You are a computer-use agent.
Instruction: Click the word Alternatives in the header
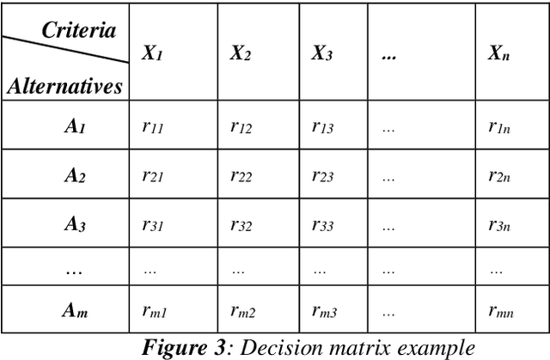point(64,85)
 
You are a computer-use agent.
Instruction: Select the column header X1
point(153,52)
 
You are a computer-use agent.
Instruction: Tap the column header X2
point(241,52)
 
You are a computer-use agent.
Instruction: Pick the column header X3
point(322,52)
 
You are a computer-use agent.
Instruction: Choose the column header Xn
point(498,52)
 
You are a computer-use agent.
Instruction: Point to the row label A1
point(75,125)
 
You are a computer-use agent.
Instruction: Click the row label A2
point(75,175)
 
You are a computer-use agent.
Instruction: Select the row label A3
point(75,225)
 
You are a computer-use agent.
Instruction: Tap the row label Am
point(75,312)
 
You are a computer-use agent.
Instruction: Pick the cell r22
point(241,175)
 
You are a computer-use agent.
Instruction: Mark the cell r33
point(323,225)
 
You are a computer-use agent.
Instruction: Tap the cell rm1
point(156,312)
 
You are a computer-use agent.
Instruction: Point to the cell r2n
point(498,175)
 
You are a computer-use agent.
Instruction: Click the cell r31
point(153,225)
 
